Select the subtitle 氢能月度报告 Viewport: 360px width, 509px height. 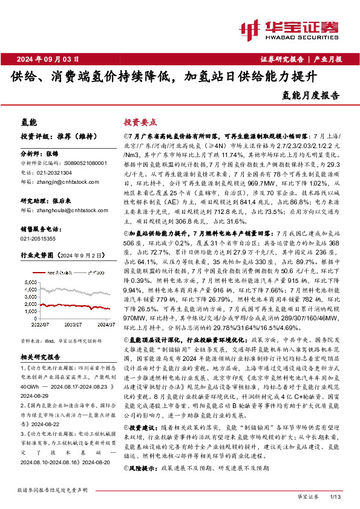pyautogui.click(x=311, y=95)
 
